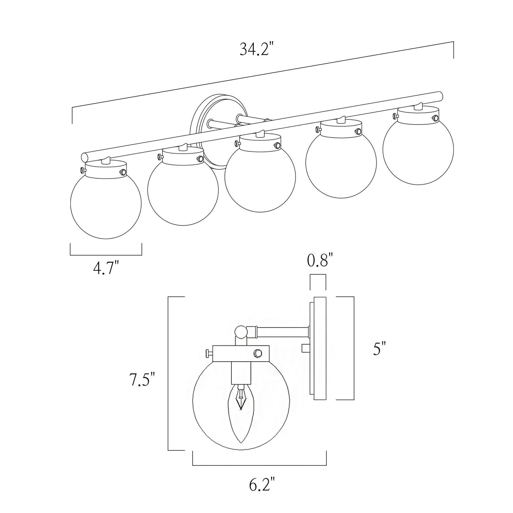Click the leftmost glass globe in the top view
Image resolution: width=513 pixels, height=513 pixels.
[x=106, y=204]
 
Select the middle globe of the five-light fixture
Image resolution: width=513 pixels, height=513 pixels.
[x=260, y=176]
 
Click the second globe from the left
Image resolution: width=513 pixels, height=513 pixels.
[x=183, y=190]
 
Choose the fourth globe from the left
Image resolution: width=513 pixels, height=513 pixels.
[x=341, y=163]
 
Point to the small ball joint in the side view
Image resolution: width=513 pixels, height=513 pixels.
[x=241, y=332]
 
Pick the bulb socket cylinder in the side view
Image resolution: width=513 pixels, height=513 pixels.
[x=241, y=374]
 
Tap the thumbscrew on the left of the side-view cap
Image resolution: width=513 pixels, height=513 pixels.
[x=209, y=353]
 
